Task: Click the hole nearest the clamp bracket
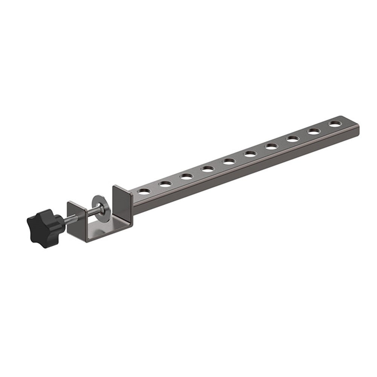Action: point(143,191)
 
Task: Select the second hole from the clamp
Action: point(165,184)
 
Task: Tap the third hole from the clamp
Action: point(186,176)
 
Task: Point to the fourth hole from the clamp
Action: point(208,169)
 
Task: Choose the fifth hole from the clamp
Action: point(229,161)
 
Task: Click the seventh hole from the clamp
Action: point(271,146)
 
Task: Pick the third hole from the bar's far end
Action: point(293,139)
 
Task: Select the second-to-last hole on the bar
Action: point(314,131)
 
